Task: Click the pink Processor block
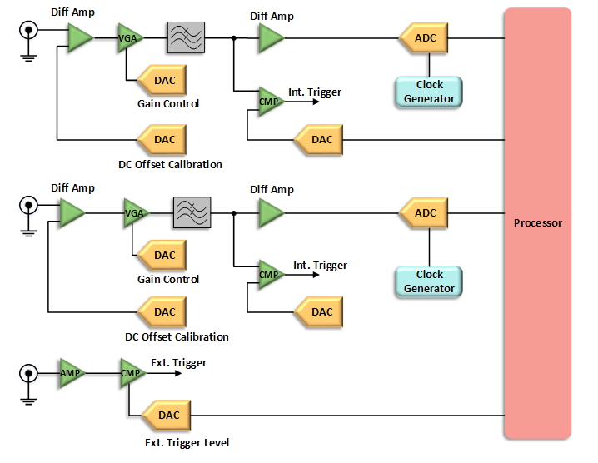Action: [x=537, y=223]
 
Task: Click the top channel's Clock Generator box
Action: [x=429, y=92]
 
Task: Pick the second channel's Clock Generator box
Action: [x=429, y=281]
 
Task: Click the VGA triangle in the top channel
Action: [x=130, y=38]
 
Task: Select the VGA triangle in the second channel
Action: [x=134, y=213]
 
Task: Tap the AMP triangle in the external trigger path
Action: [x=70, y=373]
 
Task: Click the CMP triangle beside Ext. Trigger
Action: [x=131, y=373]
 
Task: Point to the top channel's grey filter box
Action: [x=186, y=38]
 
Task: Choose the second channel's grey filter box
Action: [x=192, y=213]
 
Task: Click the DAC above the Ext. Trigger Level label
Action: [x=166, y=416]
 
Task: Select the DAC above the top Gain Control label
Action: [x=162, y=80]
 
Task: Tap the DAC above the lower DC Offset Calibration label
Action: [x=162, y=312]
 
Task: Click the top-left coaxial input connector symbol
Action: [x=28, y=32]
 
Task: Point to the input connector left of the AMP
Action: [x=28, y=374]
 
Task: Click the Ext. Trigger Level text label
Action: [x=187, y=443]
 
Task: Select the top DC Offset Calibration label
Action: [x=173, y=165]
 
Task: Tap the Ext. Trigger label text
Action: [x=178, y=363]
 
